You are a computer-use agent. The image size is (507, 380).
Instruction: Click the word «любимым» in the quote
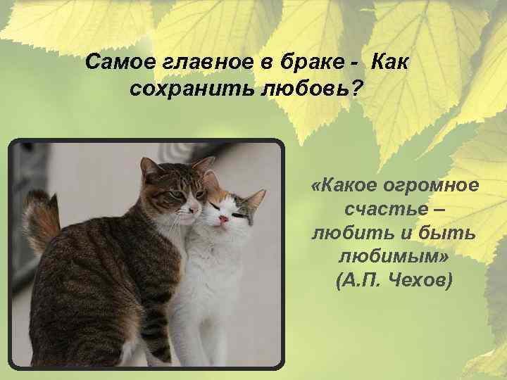pyautogui.click(x=394, y=258)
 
